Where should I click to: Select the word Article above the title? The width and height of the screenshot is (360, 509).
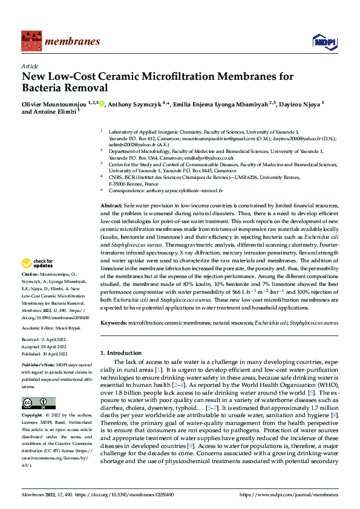click(x=30, y=66)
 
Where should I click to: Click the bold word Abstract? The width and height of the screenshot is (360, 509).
click(x=111, y=207)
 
